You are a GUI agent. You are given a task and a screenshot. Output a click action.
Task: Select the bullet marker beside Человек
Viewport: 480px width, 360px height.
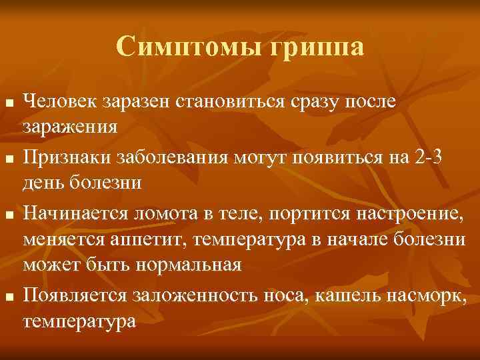point(8,105)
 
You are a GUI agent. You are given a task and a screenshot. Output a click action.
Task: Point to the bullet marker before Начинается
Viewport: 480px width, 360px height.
point(8,215)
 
